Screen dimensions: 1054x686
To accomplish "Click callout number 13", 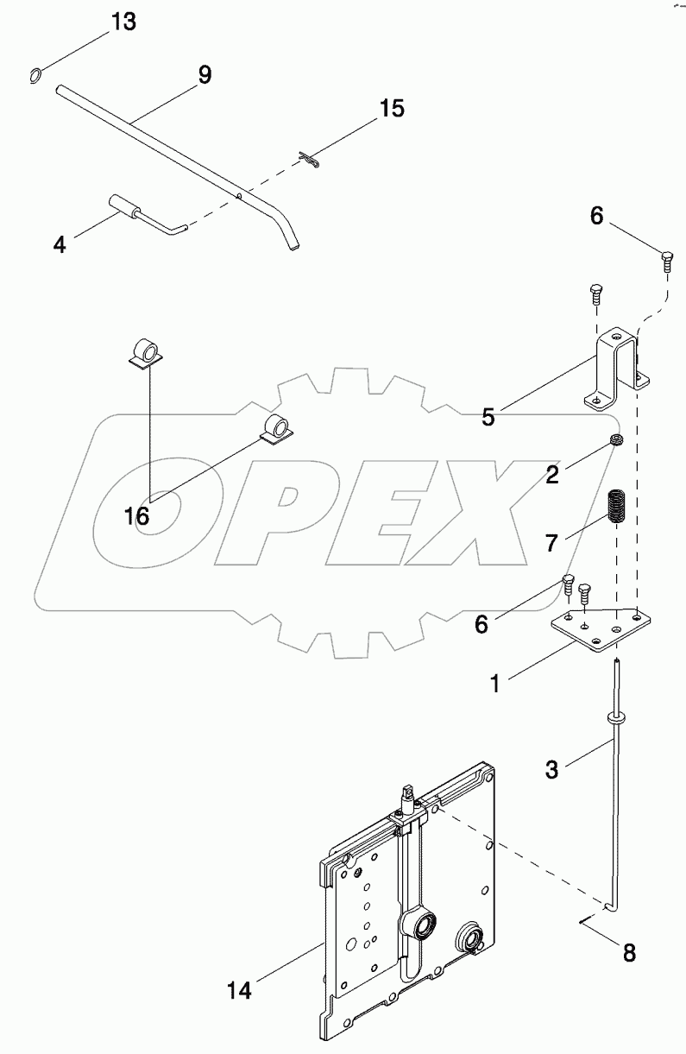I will point(123,22).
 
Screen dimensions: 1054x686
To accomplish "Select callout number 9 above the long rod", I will point(204,74).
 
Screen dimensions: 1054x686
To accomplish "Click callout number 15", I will point(392,109).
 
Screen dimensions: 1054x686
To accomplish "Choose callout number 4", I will point(59,244).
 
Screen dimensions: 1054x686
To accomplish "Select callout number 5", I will point(488,418).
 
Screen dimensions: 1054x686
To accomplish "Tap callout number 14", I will point(239,991).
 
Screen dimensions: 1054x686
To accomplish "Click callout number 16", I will point(137,516).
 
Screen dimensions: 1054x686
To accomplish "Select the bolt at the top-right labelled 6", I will point(666,258).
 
